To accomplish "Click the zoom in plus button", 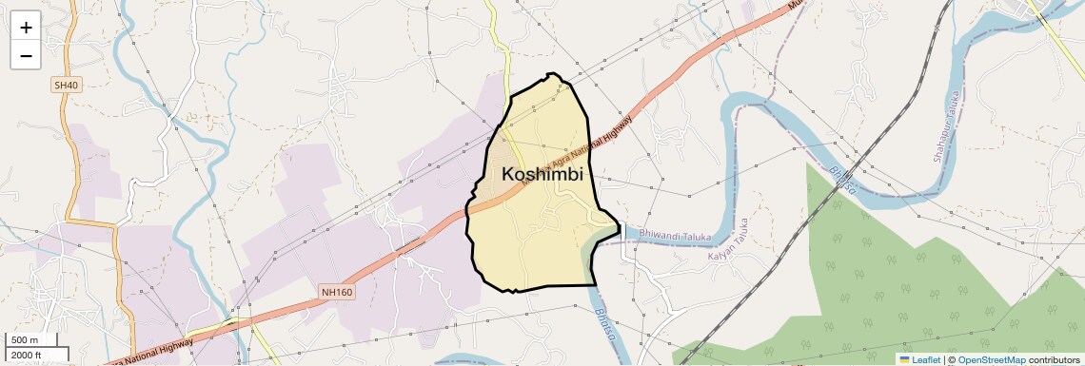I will pyautogui.click(x=26, y=28).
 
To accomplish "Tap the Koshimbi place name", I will pyautogui.click(x=542, y=175).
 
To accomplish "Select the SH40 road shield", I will pyautogui.click(x=65, y=86).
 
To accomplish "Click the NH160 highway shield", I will pyautogui.click(x=337, y=292).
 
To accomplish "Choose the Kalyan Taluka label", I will pyautogui.click(x=729, y=241).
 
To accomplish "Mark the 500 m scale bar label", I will pyautogui.click(x=25, y=340).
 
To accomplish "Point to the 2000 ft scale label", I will pyautogui.click(x=27, y=356).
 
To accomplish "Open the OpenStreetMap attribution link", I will pyautogui.click(x=991, y=359).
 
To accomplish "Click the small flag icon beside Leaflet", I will pyautogui.click(x=904, y=359).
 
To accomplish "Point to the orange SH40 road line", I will pyautogui.click(x=69, y=171).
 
